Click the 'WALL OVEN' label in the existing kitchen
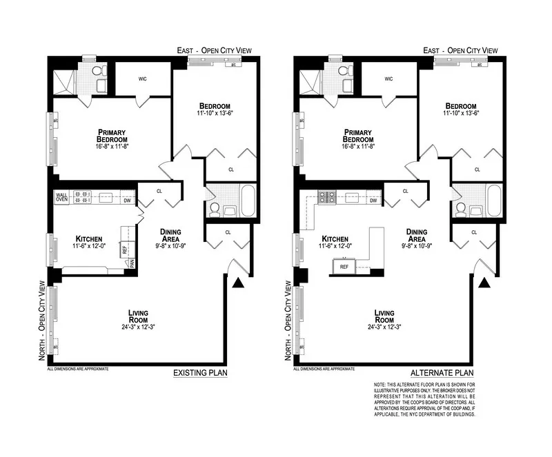62,197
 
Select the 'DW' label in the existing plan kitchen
127,201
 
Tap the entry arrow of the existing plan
238,281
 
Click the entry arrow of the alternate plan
484,281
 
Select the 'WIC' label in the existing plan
143,79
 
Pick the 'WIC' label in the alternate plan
389,79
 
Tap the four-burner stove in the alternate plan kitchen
326,197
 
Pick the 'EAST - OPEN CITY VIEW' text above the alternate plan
460,51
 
